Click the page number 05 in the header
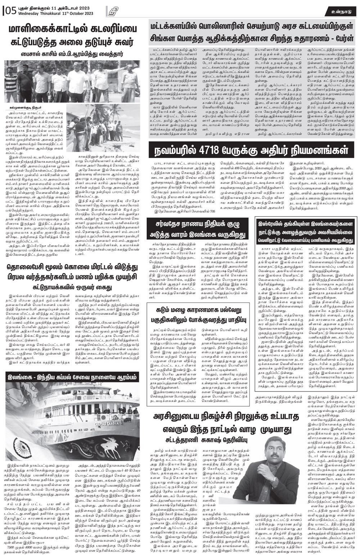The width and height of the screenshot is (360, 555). (x=11, y=11)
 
